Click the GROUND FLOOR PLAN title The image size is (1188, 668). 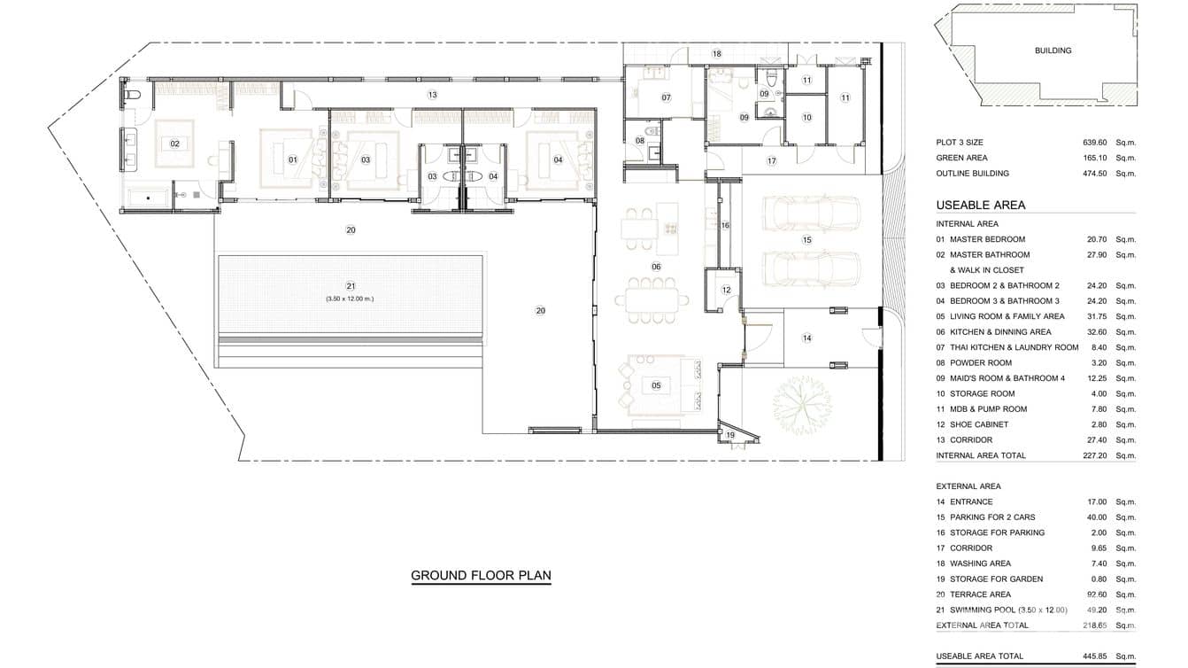481,576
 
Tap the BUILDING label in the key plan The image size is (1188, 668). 1053,50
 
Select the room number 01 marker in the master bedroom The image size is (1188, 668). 292,159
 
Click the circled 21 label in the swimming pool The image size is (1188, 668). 351,286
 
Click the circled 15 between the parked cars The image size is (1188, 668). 806,240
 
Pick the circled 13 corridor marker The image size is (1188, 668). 432,94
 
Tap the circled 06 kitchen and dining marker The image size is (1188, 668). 656,267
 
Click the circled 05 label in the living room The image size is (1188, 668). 656,385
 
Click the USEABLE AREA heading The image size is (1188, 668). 980,205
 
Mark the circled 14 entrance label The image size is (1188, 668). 806,338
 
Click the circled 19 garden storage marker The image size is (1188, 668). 730,435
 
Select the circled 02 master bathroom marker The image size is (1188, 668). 174,144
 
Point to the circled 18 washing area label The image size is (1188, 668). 717,54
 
